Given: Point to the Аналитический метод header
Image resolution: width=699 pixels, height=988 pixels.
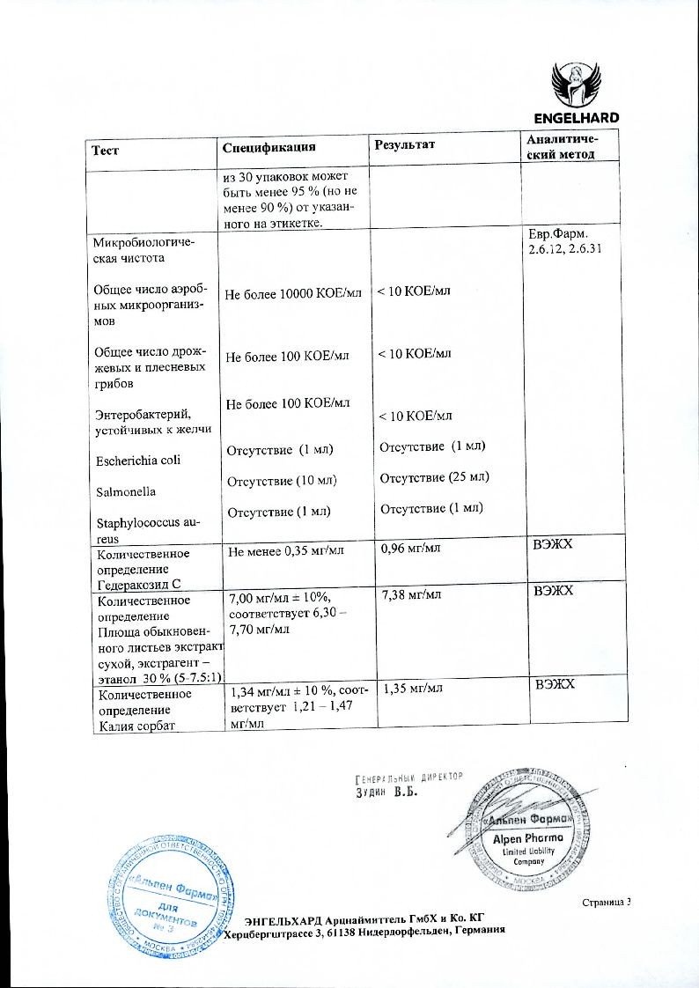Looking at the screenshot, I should coord(561,147).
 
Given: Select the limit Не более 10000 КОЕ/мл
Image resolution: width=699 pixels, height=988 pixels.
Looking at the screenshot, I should coord(293,292).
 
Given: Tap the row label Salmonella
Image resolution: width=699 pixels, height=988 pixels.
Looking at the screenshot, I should coord(123,491).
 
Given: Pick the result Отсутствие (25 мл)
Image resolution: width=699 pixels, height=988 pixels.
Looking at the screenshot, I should coord(434,477).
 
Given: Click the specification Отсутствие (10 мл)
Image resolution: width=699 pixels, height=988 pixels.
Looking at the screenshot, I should coord(283,481).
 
